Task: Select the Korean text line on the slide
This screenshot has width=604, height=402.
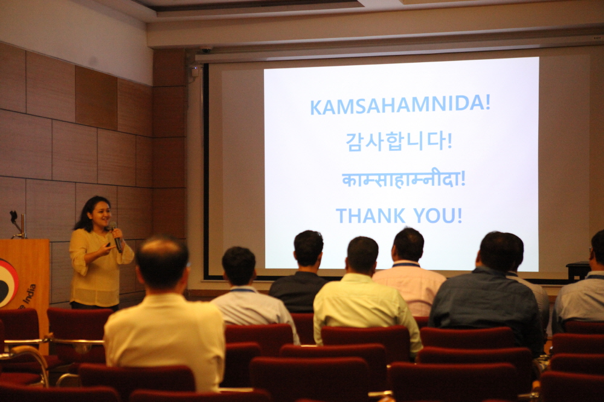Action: pyautogui.click(x=399, y=141)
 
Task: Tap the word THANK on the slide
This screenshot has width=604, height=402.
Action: pyautogui.click(x=370, y=215)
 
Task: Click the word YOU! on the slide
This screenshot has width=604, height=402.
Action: pyautogui.click(x=438, y=215)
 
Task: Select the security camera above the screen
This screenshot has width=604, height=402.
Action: pyautogui.click(x=205, y=49)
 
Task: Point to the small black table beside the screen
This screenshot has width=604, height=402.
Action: pyautogui.click(x=578, y=270)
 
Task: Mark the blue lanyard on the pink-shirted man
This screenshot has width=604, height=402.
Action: pyautogui.click(x=406, y=264)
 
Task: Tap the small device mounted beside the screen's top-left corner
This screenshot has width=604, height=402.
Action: pyautogui.click(x=194, y=71)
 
